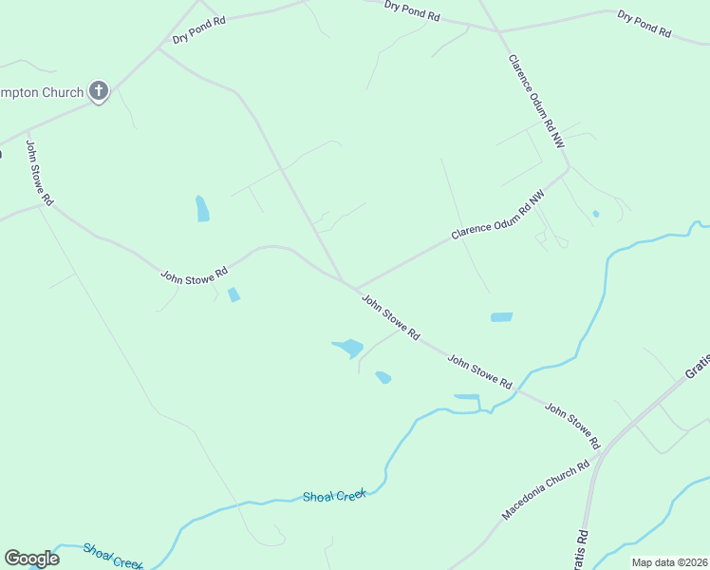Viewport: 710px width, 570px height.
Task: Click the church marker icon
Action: coord(99,91)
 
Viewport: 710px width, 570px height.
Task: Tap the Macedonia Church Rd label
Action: coord(546,490)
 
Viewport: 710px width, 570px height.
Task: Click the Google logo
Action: coord(31,559)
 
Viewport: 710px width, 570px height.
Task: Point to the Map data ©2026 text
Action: coord(668,562)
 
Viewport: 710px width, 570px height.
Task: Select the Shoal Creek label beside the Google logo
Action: coord(112,556)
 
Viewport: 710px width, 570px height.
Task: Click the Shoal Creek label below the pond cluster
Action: coord(334,496)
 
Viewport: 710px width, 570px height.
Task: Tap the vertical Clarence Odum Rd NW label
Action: coord(536,100)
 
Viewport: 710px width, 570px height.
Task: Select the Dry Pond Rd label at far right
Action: coord(644,23)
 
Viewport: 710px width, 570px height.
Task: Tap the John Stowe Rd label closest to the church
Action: coord(39,174)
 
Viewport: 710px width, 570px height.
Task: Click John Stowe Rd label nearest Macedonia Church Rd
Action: coord(572,425)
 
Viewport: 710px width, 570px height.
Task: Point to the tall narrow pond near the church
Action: coord(202,208)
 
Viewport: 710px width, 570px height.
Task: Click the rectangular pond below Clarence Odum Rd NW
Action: coord(501,317)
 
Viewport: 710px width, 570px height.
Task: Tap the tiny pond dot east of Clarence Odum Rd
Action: coord(595,214)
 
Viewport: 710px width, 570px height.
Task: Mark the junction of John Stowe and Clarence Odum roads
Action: coord(356,288)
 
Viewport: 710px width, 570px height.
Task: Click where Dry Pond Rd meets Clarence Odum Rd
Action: coord(498,31)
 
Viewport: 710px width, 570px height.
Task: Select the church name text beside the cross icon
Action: coord(42,91)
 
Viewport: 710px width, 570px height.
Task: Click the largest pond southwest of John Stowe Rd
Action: coord(348,348)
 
